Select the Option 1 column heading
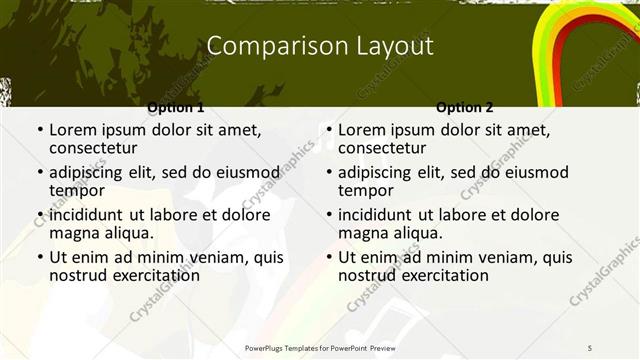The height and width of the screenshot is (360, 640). pyautogui.click(x=176, y=107)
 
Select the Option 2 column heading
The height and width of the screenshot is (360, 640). pyautogui.click(x=465, y=107)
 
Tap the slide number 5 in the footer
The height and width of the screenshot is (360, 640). pyautogui.click(x=590, y=347)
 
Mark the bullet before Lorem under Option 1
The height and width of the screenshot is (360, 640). pyautogui.click(x=38, y=130)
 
